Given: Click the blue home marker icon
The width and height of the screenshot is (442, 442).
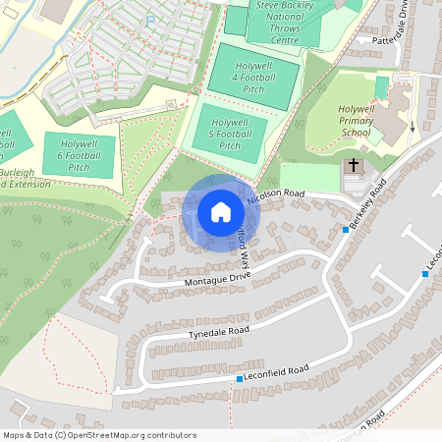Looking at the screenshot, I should pos(220,212).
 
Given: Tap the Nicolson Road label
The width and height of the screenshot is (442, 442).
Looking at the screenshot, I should pos(278,194).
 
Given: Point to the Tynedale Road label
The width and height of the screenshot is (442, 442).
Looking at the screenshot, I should pos(219,333).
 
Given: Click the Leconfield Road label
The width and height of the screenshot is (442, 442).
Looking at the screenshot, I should pos(277,372).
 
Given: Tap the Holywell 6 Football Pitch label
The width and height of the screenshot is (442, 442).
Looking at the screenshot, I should pos(80,155).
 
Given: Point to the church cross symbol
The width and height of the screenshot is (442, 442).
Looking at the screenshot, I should pos(354,168).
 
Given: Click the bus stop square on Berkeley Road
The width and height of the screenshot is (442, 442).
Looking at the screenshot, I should pos(346,230).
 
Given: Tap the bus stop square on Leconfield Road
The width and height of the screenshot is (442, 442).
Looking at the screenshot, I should pos(239,379).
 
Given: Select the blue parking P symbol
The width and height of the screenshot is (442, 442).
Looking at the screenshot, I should pos(150,19).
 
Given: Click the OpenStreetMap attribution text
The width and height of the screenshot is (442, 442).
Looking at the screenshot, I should pos(100,435).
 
